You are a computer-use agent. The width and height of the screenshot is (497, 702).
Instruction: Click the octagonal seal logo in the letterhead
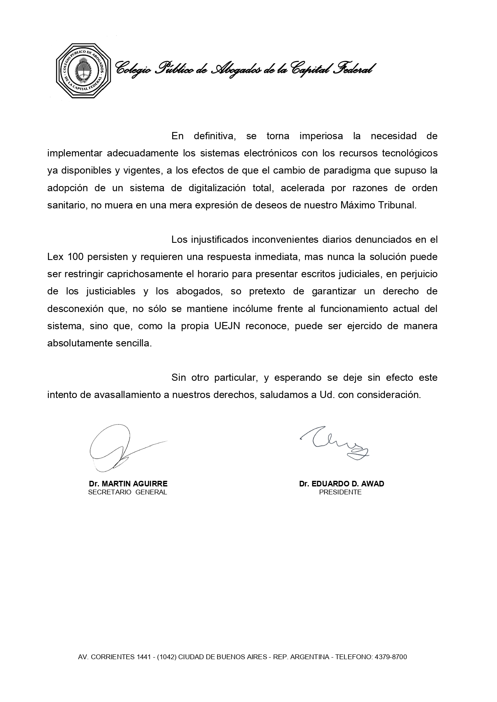(x=83, y=70)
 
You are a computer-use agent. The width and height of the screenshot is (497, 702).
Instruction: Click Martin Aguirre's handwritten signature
(x=120, y=448)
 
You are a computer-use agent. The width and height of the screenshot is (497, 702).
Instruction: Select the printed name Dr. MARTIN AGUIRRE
(x=128, y=484)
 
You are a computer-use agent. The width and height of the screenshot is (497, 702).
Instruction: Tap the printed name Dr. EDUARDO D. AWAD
(x=341, y=484)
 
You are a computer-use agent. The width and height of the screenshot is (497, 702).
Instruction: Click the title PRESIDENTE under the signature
(x=340, y=492)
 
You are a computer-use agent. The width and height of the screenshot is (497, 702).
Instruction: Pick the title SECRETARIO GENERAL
(x=127, y=492)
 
